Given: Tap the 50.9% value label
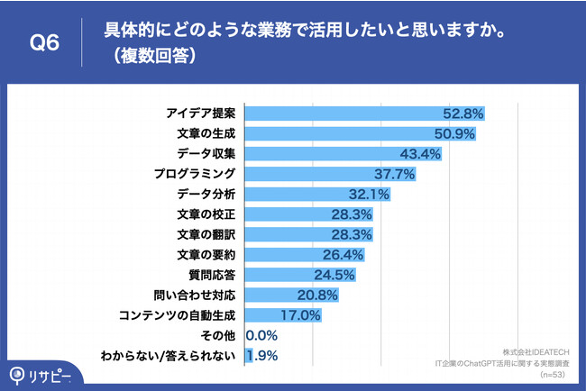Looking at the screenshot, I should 455,133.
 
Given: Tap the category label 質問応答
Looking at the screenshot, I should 212,273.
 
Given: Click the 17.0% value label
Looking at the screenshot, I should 302,314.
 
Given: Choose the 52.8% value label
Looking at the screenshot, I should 464,114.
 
